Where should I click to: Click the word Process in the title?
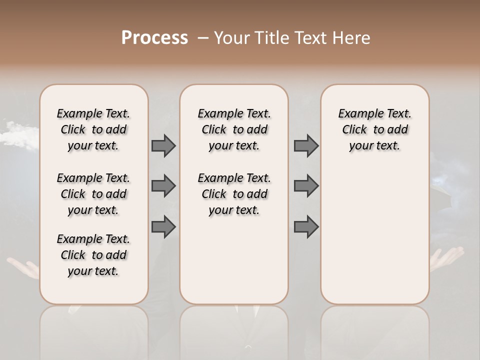(154, 38)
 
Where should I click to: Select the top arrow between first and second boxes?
(163, 145)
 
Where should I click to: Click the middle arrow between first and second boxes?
(163, 186)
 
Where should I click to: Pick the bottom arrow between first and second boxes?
(163, 227)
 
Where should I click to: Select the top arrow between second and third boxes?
(306, 145)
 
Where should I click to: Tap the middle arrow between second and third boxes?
(306, 186)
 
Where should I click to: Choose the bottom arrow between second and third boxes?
(306, 227)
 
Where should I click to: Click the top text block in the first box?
(93, 129)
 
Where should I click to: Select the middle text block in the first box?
(93, 194)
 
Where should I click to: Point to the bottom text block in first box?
(93, 255)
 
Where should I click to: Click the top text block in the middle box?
(234, 129)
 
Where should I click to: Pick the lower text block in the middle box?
(234, 194)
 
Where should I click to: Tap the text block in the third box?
(374, 129)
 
